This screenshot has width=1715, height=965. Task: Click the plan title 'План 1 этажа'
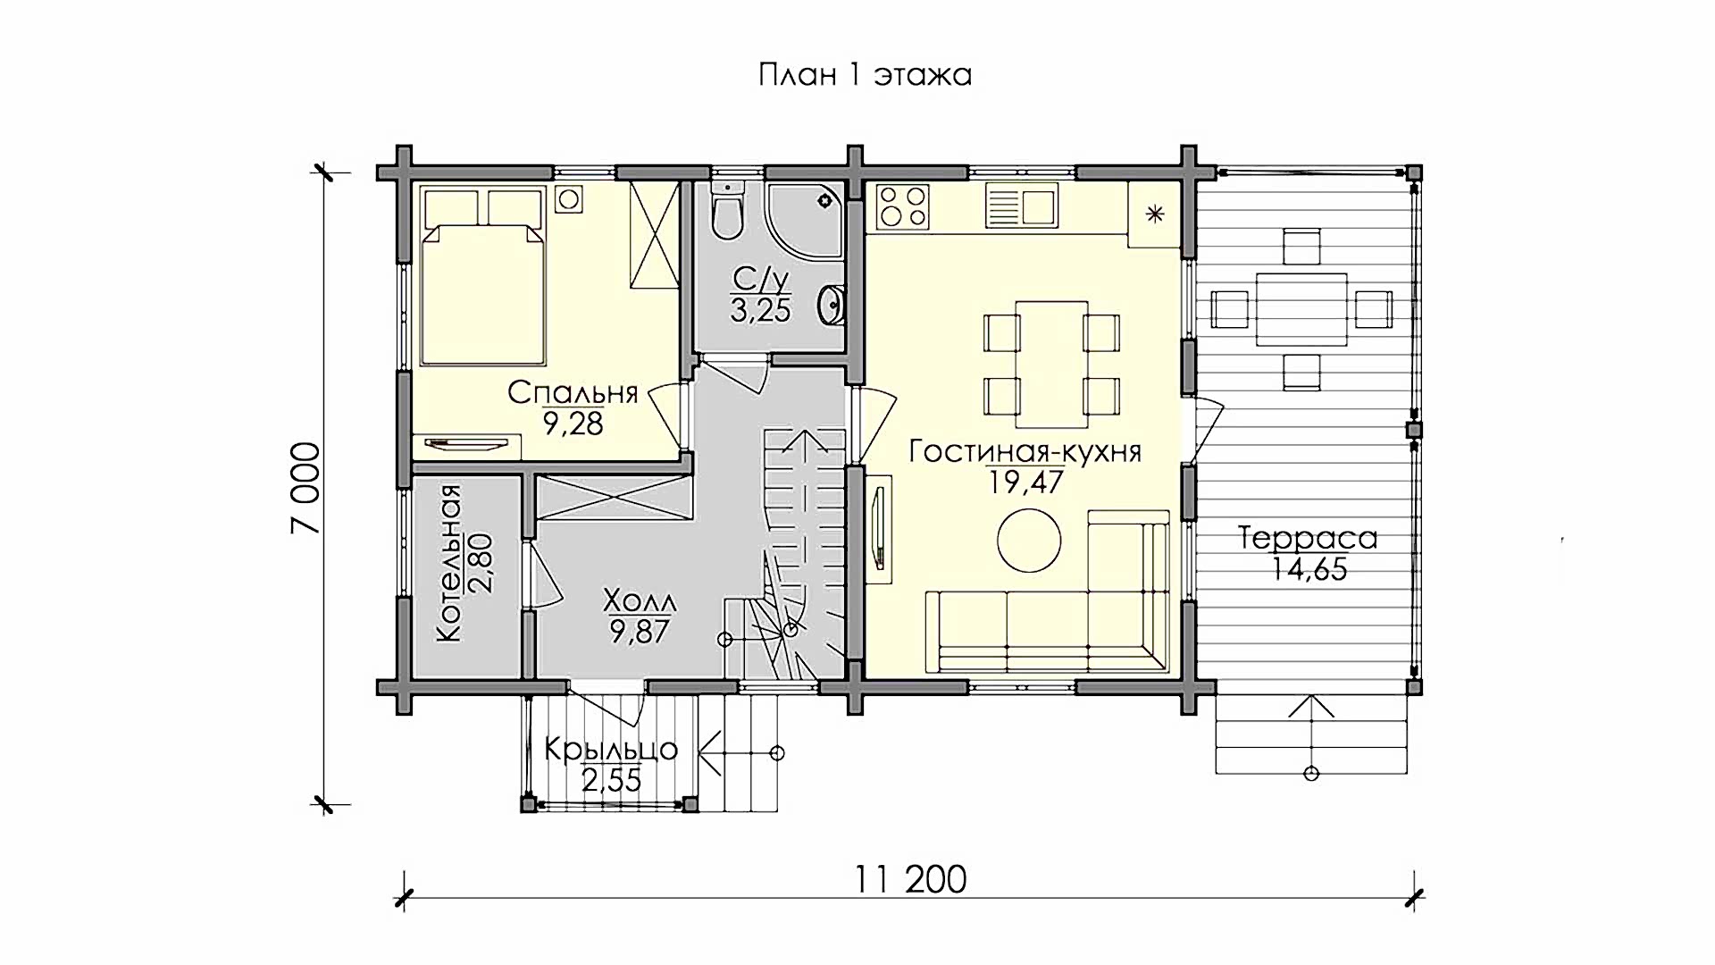coord(865,74)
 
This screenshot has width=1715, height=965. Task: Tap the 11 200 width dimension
coord(910,879)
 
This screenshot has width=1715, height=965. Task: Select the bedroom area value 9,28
coord(573,423)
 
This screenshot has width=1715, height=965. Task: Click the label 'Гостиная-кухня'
coord(1025,451)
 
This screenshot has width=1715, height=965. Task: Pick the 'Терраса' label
coord(1308,538)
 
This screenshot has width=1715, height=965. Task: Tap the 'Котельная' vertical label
coord(448,563)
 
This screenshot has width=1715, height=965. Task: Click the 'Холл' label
coord(640,599)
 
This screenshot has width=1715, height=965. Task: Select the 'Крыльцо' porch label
coord(611,750)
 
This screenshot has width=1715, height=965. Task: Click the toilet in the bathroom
coord(728,211)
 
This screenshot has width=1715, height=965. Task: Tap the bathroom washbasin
coord(831,305)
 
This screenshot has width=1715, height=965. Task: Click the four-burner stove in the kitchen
coord(903,206)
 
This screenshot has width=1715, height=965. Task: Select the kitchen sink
coord(1022,206)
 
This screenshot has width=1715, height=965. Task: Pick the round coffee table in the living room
coord(1029,540)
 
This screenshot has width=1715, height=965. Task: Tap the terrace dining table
coord(1301,309)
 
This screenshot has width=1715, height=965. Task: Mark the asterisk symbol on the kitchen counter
coord(1155,214)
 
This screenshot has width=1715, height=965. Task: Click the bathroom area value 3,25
coord(760,310)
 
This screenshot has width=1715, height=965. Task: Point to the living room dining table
coord(1051,364)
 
